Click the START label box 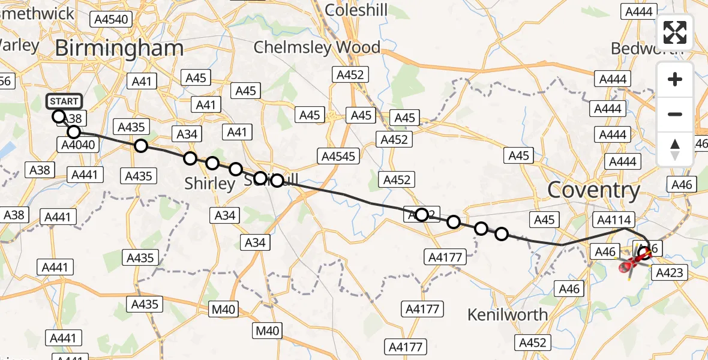click(64, 101)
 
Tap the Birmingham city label click(119, 49)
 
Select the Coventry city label click(593, 190)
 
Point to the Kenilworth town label click(507, 314)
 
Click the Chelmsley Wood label click(316, 47)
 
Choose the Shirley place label click(209, 184)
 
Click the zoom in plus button click(675, 79)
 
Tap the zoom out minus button click(675, 114)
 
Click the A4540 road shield click(112, 19)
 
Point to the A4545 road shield click(338, 157)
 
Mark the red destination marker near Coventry click(625, 266)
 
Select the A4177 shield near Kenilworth click(422, 310)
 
